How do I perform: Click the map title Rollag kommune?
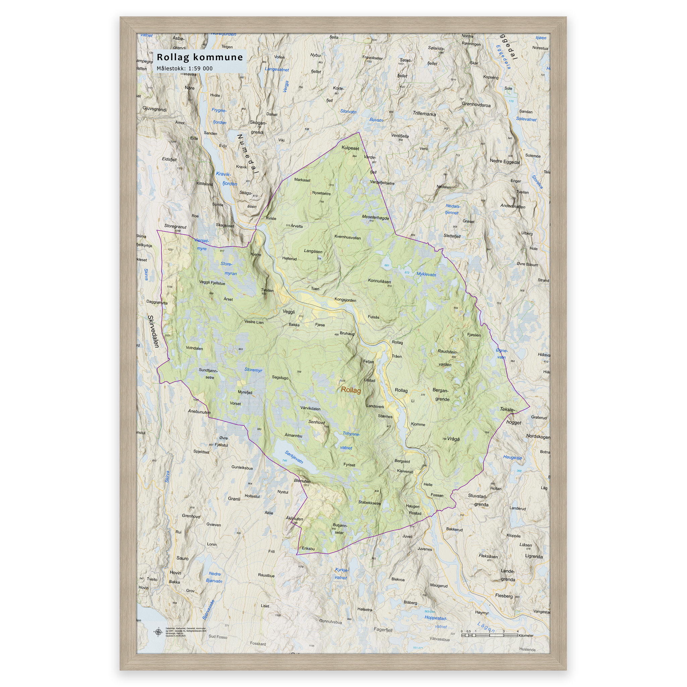[x=200, y=57]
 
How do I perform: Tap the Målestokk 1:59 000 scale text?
[x=184, y=68]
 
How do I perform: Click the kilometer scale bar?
[x=489, y=635]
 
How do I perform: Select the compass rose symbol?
[x=158, y=632]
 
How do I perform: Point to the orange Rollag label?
[x=351, y=390]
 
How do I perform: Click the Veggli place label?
[x=288, y=312]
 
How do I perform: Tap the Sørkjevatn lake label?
[x=294, y=457]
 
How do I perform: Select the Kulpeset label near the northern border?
[x=350, y=148]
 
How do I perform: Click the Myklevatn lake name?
[x=426, y=274]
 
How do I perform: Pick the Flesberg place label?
[x=504, y=596]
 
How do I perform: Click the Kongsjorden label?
[x=345, y=300]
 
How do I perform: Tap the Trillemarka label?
[x=424, y=114]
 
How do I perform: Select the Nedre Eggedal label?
[x=505, y=161]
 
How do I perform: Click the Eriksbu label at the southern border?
[x=308, y=548]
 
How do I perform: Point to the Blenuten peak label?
[x=302, y=481]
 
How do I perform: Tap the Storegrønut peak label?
[x=175, y=226]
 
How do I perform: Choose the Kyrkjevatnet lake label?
[x=341, y=574]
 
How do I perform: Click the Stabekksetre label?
[x=369, y=503]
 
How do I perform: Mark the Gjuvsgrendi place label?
[x=155, y=109]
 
